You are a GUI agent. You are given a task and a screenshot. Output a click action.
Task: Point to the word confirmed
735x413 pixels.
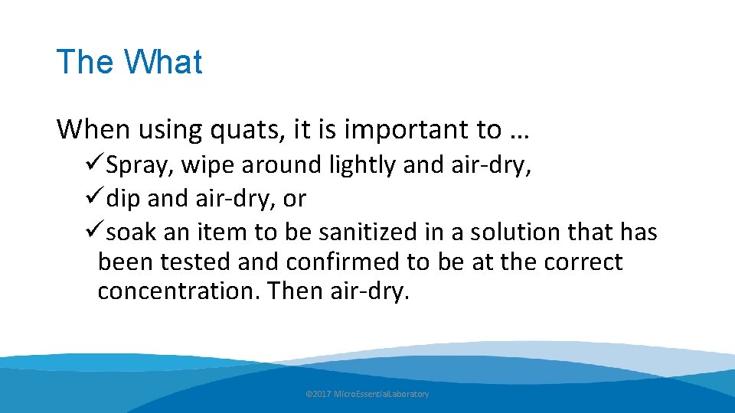point(344,262)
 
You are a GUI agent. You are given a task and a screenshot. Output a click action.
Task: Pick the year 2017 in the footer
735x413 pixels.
point(322,394)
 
